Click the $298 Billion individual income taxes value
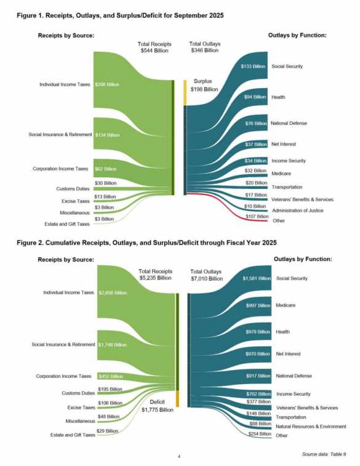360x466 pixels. pyautogui.click(x=108, y=84)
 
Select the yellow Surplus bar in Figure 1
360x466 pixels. pyautogui.click(x=184, y=92)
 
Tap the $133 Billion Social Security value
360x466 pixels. pyautogui.click(x=253, y=66)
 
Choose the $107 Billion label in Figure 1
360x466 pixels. pyautogui.click(x=257, y=216)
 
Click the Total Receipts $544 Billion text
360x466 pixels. pyautogui.click(x=154, y=47)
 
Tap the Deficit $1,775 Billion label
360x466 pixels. pyautogui.click(x=156, y=406)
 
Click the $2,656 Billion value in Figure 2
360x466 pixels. pyautogui.click(x=113, y=292)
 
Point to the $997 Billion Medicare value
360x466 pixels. pyautogui.click(x=255, y=305)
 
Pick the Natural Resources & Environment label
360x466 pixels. pyautogui.click(x=311, y=426)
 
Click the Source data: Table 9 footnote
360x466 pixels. pyautogui.click(x=324, y=454)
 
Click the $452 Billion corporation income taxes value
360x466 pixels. pyautogui.click(x=111, y=376)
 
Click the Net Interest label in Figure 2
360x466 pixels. pyautogui.click(x=288, y=354)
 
